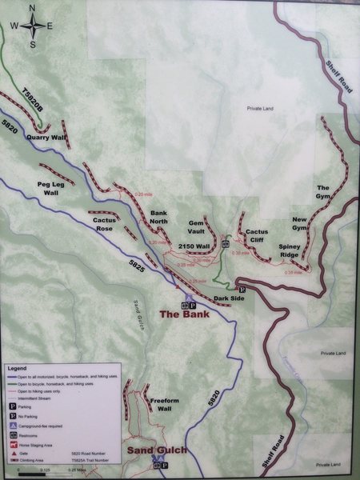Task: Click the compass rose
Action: pos(33,25)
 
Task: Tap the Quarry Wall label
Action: pos(44,137)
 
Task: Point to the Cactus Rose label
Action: pos(105,224)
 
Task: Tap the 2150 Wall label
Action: pos(194,246)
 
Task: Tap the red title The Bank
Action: pos(183,315)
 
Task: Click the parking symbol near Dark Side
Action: pos(241,289)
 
